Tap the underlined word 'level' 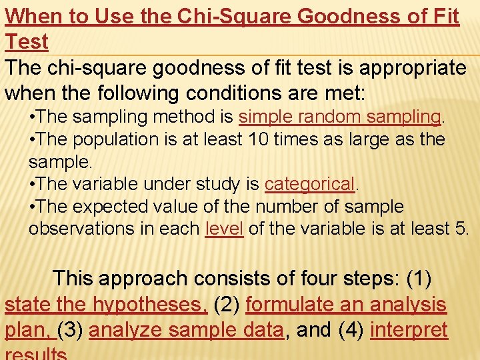(224, 229)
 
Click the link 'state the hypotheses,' (106, 305)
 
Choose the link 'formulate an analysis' (346, 305)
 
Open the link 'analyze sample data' (186, 330)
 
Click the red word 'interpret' (409, 330)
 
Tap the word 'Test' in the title (27, 41)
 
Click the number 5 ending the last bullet (463, 229)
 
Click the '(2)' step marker (227, 305)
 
